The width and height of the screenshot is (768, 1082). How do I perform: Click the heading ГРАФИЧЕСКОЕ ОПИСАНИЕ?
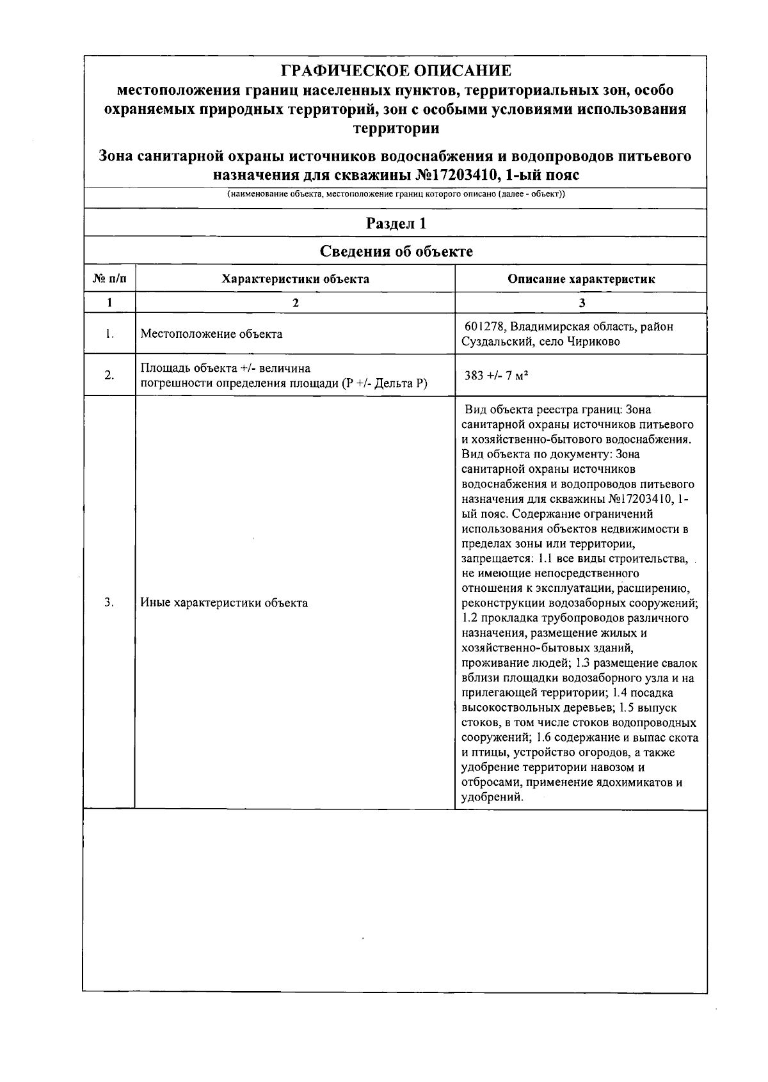click(x=396, y=70)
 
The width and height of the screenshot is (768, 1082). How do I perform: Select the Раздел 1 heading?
click(x=396, y=223)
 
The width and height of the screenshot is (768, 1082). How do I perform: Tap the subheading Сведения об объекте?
click(x=396, y=251)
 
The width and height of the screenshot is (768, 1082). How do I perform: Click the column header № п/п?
click(x=109, y=279)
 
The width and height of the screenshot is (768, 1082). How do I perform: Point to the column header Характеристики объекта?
click(x=295, y=279)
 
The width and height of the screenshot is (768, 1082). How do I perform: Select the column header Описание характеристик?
click(x=581, y=279)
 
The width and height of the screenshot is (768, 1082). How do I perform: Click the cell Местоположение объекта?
click(x=211, y=334)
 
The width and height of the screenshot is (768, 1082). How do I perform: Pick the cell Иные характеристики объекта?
click(x=224, y=603)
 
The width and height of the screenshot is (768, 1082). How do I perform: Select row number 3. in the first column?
click(x=109, y=602)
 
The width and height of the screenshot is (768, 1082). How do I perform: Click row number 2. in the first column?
click(x=109, y=375)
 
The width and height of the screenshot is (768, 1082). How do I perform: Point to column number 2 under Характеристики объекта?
click(x=295, y=303)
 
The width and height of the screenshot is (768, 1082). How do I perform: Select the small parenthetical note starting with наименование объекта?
click(x=396, y=194)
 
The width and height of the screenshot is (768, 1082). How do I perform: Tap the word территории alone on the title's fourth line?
click(x=396, y=128)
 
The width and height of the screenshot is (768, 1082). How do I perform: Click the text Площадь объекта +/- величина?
click(x=225, y=368)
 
